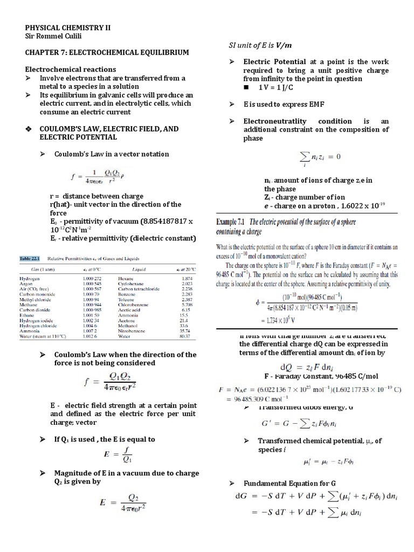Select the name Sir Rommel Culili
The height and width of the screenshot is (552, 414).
tap(56, 36)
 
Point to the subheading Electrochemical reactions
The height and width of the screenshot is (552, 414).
tap(71, 70)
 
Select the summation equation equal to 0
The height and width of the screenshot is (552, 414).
tap(320, 157)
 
